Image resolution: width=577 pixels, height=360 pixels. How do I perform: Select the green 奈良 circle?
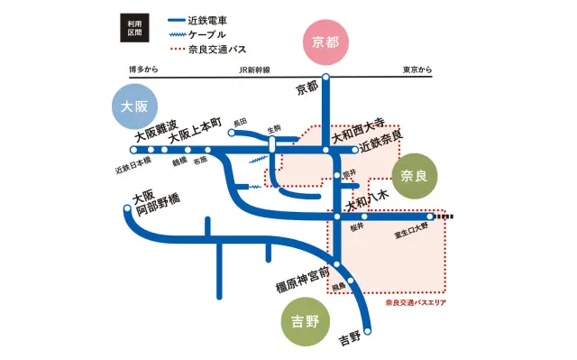(x=414, y=174)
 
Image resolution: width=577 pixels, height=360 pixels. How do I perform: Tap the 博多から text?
(x=143, y=69)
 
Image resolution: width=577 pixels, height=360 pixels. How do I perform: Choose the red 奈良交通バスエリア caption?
(x=416, y=303)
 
